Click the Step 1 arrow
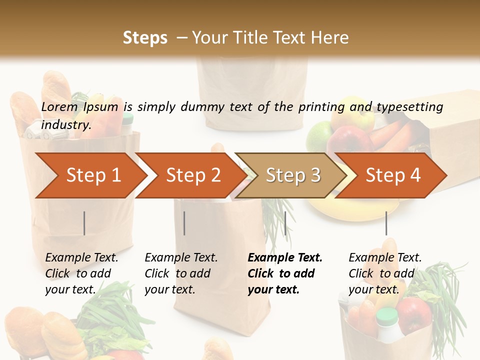click(90, 175)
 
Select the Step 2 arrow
click(190, 175)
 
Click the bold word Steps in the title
click(145, 38)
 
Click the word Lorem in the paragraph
click(59, 106)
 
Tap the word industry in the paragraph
click(65, 125)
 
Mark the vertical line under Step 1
click(84, 223)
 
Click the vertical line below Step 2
click(184, 223)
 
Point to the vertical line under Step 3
click(285, 223)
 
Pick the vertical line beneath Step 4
click(386, 223)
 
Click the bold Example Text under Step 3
click(285, 258)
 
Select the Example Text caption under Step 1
click(82, 258)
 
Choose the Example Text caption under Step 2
click(181, 258)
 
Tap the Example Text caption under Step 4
click(385, 258)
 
